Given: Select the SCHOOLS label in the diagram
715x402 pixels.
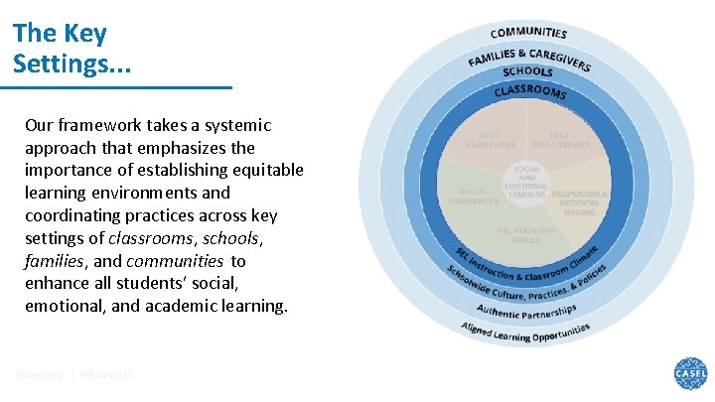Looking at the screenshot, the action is click(x=528, y=72).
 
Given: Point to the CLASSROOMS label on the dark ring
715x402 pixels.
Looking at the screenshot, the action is click(x=529, y=91).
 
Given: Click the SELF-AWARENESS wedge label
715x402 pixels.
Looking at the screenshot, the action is click(x=490, y=140).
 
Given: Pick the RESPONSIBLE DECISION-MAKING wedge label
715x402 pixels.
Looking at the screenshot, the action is click(x=579, y=201).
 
